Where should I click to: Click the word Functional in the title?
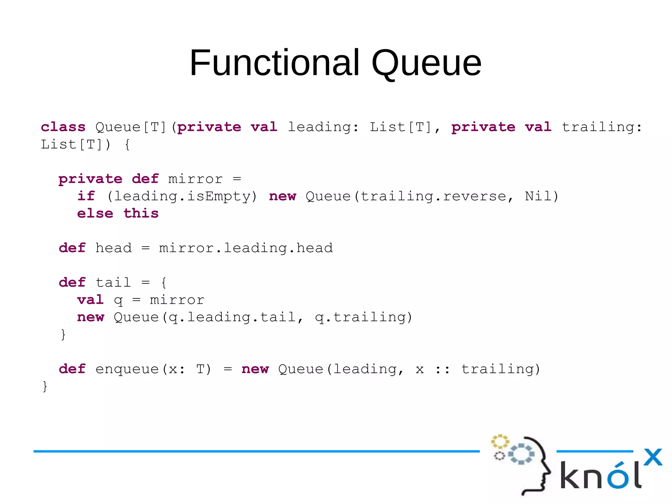click(x=275, y=63)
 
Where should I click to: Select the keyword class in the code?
click(x=63, y=127)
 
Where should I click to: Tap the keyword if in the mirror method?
click(x=86, y=196)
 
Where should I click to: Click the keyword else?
click(x=95, y=213)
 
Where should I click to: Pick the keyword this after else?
click(x=141, y=213)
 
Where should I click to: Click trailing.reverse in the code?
click(x=433, y=196)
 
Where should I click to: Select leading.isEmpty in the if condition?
click(x=182, y=197)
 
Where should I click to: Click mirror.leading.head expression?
click(x=246, y=248)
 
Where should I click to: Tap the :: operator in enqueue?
click(x=442, y=369)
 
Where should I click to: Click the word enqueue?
click(x=127, y=369)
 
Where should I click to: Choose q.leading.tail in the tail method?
click(x=232, y=318)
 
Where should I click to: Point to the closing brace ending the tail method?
click(x=63, y=335)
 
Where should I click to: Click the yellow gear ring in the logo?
click(x=499, y=442)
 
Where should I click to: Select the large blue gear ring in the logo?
click(x=521, y=454)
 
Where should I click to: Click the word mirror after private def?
click(x=195, y=179)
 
